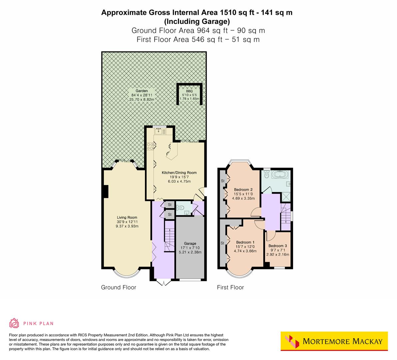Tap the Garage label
tap(190, 243)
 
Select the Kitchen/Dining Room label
tap(179, 173)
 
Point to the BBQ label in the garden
tap(189, 91)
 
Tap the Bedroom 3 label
tap(278, 246)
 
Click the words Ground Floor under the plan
tap(118, 287)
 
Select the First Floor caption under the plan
tap(230, 287)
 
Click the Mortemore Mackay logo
tap(334, 341)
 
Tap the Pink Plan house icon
tap(14, 323)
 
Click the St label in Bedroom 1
tap(222, 243)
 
